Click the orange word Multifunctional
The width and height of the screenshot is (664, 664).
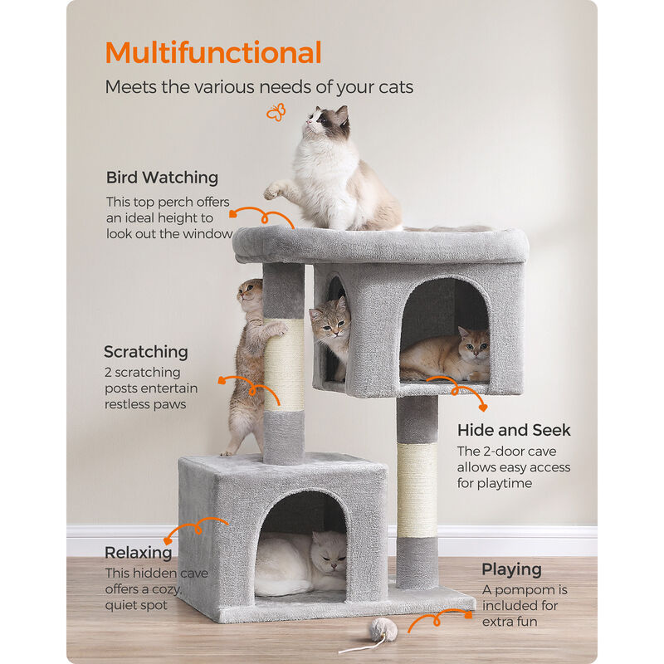click(x=213, y=53)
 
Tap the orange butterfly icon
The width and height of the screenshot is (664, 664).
click(x=276, y=112)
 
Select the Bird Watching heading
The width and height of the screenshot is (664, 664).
click(x=162, y=178)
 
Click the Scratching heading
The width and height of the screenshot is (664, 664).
click(x=146, y=352)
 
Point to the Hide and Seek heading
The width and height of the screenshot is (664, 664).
click(x=514, y=430)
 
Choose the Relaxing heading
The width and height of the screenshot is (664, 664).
click(x=139, y=553)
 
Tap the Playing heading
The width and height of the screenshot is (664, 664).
click(x=511, y=569)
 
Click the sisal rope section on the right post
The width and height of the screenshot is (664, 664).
click(x=416, y=490)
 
